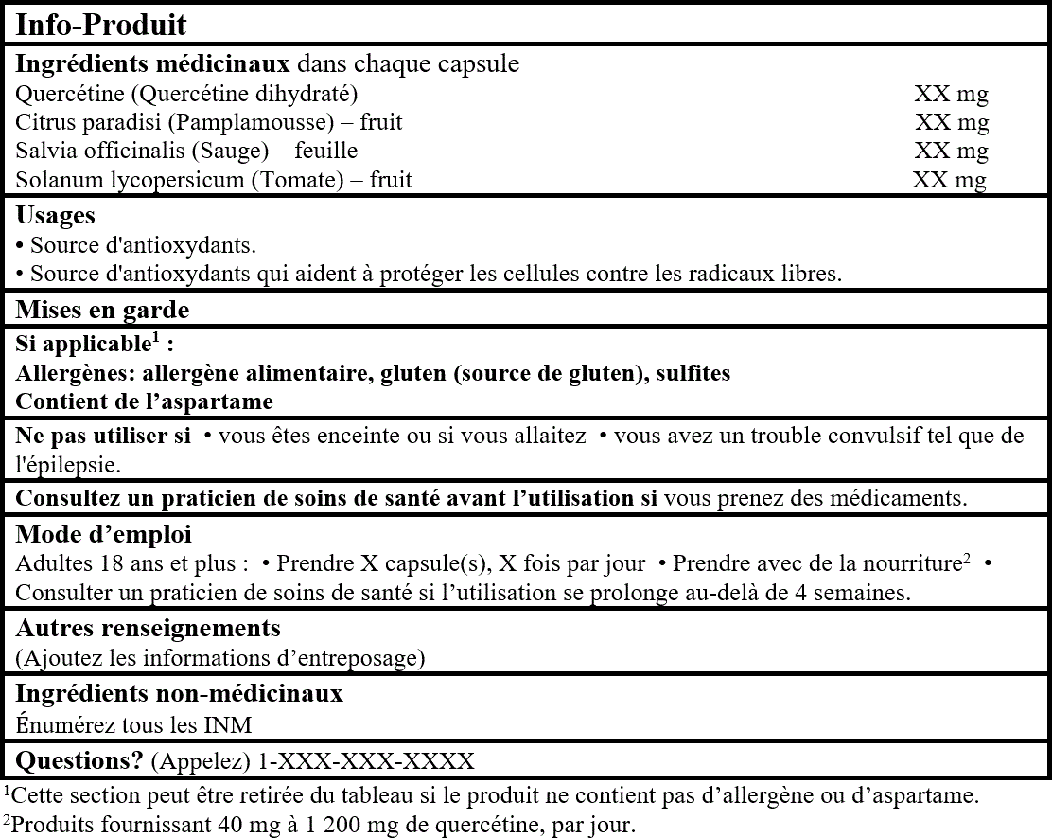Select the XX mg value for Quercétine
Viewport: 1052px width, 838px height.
click(x=951, y=94)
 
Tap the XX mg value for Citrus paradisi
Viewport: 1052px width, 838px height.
click(x=951, y=122)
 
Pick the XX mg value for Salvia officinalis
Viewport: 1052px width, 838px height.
click(x=951, y=151)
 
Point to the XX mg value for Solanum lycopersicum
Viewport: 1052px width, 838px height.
click(x=949, y=179)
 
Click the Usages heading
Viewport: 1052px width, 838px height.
click(x=55, y=216)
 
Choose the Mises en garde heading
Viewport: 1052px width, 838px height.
click(x=102, y=310)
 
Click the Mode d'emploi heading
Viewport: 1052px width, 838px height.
click(x=90, y=533)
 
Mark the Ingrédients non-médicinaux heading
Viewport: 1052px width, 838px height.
click(x=179, y=693)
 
